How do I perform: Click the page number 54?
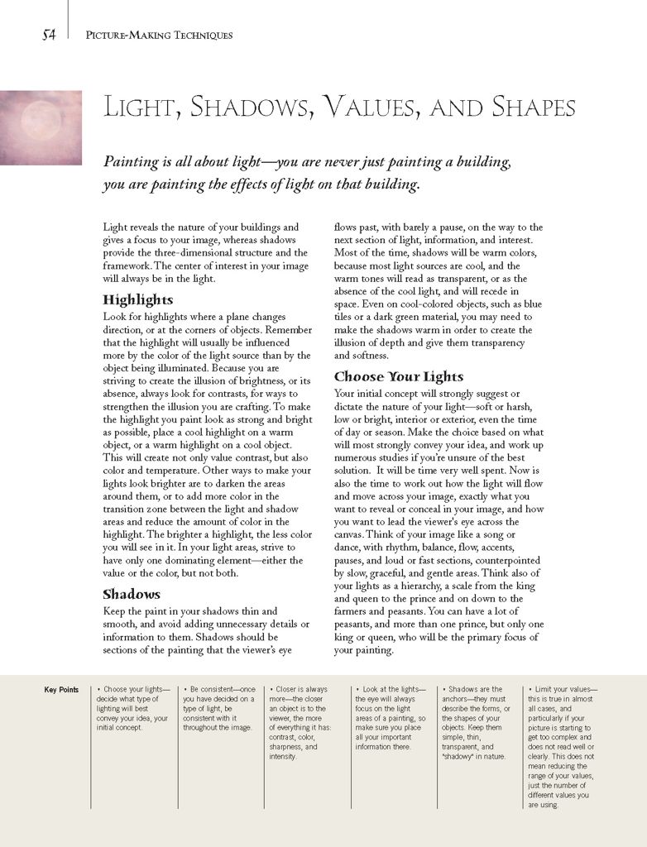click(x=49, y=35)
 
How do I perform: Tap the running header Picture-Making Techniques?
click(x=159, y=36)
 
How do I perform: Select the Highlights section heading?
click(x=138, y=299)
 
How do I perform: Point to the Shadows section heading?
click(x=132, y=594)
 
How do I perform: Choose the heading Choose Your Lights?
click(x=399, y=376)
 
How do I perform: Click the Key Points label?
click(x=61, y=690)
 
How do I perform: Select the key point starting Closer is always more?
click(x=304, y=722)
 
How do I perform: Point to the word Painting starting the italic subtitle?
click(x=131, y=162)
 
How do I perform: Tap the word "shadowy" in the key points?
click(x=464, y=756)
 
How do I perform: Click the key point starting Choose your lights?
click(x=132, y=708)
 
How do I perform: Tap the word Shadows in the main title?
click(x=253, y=108)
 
